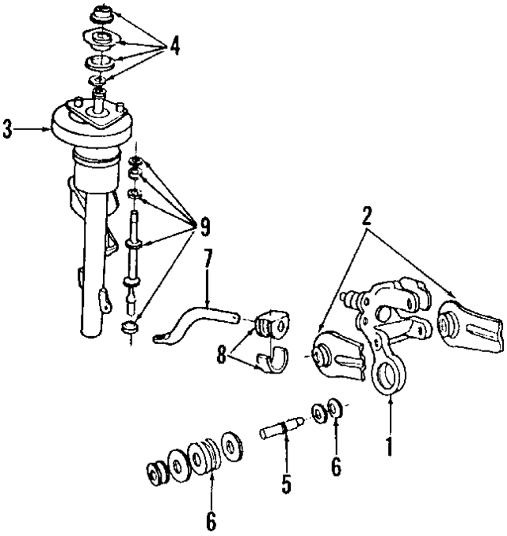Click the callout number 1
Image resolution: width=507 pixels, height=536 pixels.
[389, 446]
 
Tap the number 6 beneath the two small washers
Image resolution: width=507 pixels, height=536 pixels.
[336, 468]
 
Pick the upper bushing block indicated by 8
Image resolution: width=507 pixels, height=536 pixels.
[270, 326]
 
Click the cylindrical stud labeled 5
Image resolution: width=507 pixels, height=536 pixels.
[280, 433]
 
